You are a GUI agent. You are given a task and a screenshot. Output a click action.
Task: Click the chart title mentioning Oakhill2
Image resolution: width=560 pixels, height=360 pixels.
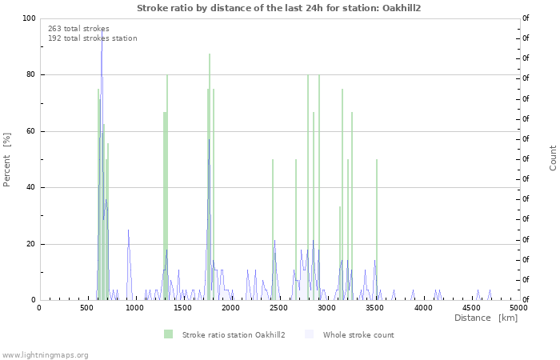tap(279, 8)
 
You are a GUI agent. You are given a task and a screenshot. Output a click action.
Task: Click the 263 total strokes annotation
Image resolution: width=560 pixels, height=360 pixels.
tap(78, 29)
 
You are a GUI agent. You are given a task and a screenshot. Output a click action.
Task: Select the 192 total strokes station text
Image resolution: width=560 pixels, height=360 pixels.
tap(92, 38)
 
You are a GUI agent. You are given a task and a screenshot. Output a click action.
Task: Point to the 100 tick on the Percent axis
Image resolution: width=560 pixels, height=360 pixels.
tap(29, 18)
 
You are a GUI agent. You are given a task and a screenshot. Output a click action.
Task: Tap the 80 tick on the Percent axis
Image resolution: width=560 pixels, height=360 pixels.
tap(30, 75)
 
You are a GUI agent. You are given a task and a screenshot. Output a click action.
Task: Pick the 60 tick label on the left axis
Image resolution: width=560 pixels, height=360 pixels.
tap(30, 131)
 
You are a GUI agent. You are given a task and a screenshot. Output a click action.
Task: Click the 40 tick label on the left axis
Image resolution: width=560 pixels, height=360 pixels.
tap(30, 188)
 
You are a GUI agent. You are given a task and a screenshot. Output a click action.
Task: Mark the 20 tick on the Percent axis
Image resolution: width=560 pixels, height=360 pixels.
tap(30, 244)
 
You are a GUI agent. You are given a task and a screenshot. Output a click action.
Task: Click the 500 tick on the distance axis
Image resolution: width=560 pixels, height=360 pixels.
tap(86, 307)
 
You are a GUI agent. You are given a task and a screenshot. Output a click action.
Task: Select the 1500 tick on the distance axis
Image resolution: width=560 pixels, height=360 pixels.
tap(182, 307)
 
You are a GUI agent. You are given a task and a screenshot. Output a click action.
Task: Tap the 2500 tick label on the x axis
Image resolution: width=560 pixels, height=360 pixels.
tap(278, 307)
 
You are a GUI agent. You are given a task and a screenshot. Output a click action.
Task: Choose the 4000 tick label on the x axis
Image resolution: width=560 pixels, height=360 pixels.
tap(422, 307)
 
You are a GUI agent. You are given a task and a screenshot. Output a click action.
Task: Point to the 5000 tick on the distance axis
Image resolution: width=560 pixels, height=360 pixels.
tap(518, 307)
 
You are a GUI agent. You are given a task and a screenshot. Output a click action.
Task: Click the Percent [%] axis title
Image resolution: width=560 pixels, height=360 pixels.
tap(7, 159)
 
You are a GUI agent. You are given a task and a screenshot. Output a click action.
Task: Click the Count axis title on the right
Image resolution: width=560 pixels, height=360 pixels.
tap(553, 158)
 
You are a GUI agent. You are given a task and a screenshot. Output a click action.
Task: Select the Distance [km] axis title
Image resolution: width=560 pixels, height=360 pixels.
tap(486, 318)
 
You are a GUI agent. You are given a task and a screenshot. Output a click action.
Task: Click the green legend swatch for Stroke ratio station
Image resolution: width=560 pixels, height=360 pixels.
tap(168, 334)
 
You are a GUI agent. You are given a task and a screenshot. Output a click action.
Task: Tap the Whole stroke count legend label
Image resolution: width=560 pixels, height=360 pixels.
tap(358, 334)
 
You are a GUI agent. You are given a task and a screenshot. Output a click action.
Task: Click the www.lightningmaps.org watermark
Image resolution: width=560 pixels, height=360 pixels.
tap(45, 354)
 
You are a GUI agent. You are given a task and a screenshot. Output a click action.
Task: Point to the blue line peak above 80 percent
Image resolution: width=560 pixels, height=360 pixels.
tap(102, 51)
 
